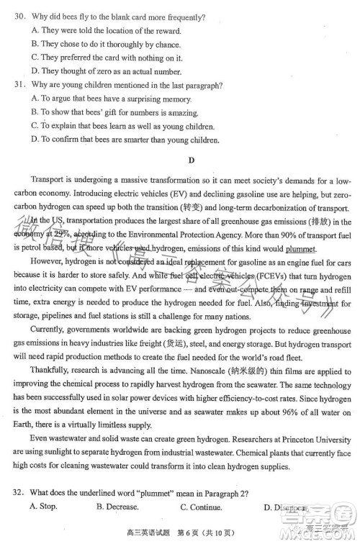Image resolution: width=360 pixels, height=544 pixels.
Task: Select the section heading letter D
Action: click(x=191, y=160)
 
